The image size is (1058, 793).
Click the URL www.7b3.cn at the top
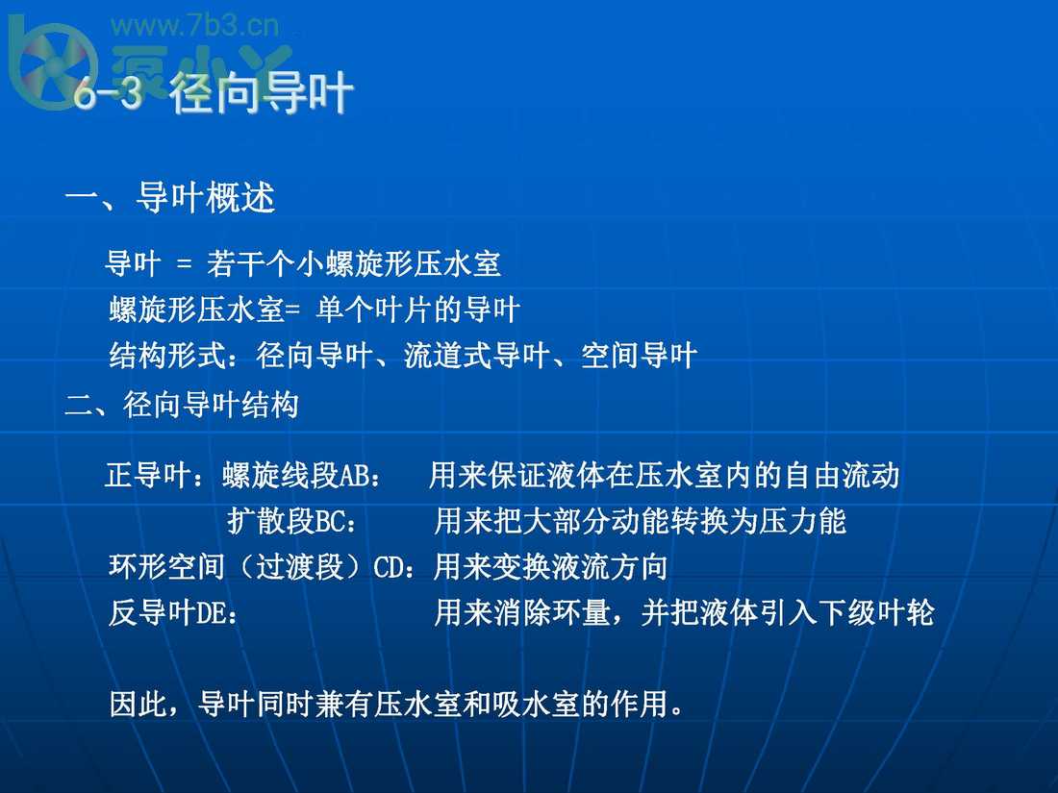pos(195,25)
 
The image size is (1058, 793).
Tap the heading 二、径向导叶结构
pos(182,405)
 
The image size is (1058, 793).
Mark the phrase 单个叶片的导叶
pos(418,310)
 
